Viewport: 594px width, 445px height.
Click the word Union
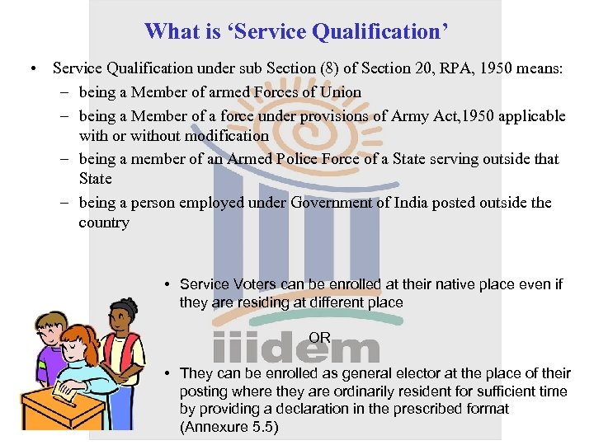(337, 92)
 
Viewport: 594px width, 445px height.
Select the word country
(104, 222)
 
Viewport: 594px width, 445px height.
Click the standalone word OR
(319, 337)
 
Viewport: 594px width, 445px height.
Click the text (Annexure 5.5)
(229, 427)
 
